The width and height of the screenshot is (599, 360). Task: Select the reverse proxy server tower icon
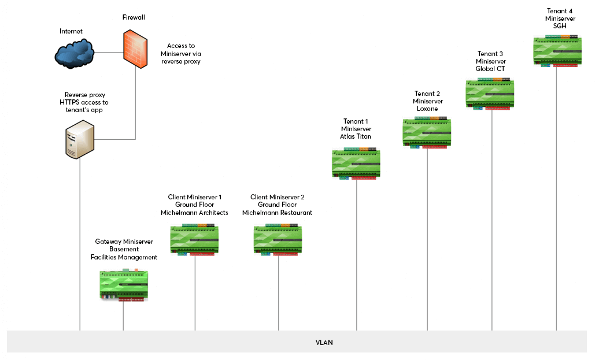pyautogui.click(x=79, y=139)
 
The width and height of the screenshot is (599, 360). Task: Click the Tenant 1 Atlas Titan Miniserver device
pyautogui.click(x=356, y=163)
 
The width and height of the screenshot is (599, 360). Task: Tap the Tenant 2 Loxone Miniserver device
pyautogui.click(x=427, y=132)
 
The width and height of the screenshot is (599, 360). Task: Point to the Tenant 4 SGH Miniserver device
pyautogui.click(x=557, y=51)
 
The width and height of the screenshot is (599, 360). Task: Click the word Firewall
pyautogui.click(x=133, y=18)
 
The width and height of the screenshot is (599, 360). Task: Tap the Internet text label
pyautogui.click(x=71, y=31)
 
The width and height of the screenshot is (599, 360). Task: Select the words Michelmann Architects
pyautogui.click(x=194, y=213)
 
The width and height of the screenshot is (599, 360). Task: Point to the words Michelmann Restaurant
pyautogui.click(x=277, y=213)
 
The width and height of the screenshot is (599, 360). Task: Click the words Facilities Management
pyautogui.click(x=124, y=257)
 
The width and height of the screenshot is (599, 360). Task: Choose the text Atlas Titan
pyautogui.click(x=356, y=136)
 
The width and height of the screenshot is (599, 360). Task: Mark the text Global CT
pyautogui.click(x=491, y=69)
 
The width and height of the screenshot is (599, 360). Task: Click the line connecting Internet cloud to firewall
pyautogui.click(x=108, y=53)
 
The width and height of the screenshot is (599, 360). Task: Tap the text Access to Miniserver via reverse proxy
pyautogui.click(x=181, y=53)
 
